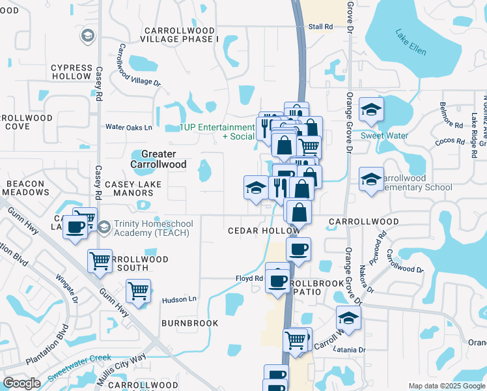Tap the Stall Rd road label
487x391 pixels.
pos(320,27)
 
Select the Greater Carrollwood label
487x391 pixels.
pos(158,160)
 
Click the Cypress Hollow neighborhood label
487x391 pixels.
pos(72,72)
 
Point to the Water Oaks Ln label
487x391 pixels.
pos(128,127)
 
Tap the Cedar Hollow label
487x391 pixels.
pos(263,231)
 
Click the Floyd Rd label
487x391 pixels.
pos(249,278)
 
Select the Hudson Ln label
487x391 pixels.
pos(178,299)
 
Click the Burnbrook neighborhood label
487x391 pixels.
pos(190,323)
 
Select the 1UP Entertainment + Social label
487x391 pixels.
pos(217,132)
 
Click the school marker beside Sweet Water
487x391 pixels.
pos(371,109)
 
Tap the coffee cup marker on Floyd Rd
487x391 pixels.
pos(278,280)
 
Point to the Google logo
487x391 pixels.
pos(21,383)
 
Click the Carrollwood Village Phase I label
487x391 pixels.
pos(181,35)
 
